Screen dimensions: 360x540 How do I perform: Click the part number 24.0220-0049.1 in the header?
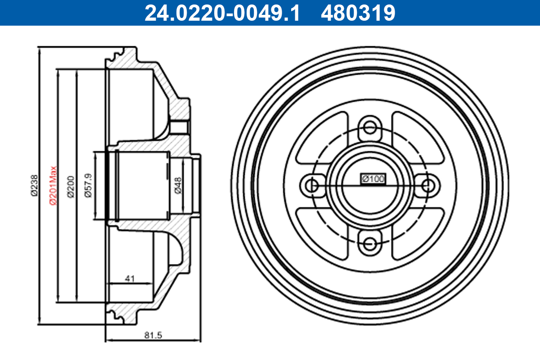221,13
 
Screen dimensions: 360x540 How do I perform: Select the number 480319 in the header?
358,13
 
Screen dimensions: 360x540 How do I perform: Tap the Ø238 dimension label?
34,185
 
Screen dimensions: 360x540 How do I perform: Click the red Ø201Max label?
52,185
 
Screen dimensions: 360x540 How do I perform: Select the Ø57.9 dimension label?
88,185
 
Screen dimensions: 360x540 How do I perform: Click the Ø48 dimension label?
178,185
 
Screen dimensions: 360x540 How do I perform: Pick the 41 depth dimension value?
130,279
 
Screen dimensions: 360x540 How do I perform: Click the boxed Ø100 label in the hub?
373,179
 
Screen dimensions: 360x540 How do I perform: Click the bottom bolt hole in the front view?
370,244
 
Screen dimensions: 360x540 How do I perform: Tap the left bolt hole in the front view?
310,185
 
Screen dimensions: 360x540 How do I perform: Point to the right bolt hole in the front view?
429,185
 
